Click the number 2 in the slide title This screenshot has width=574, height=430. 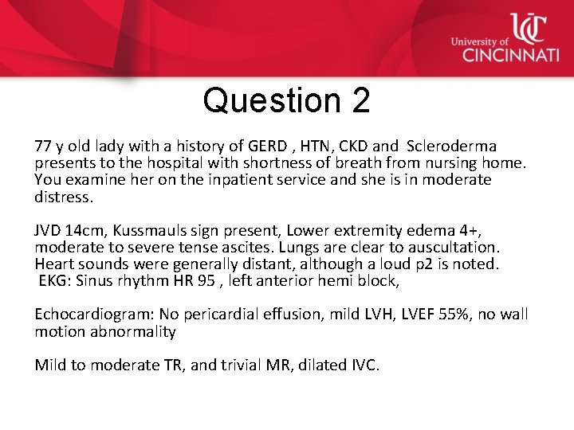coord(359,100)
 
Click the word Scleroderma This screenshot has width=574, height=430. coord(452,147)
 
